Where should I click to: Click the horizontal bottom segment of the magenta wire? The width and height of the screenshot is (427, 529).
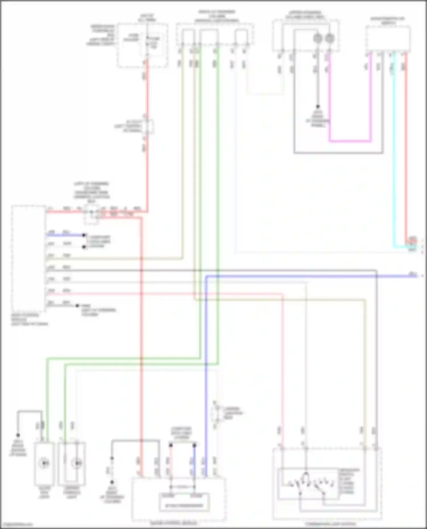pos(350,141)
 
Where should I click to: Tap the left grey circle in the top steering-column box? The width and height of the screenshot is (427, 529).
pos(318,38)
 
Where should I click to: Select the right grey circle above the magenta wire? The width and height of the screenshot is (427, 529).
pos(330,38)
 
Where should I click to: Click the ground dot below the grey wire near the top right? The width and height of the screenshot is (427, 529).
pos(318,106)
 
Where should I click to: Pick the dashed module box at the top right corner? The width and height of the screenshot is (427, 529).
pos(388,38)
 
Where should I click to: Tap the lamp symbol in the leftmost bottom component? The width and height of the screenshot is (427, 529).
pos(44,463)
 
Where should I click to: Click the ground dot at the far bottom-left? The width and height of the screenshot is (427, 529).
pos(18,435)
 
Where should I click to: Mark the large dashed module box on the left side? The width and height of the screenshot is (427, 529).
pos(28,259)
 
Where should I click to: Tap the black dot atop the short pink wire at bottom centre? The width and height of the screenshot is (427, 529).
pos(171,445)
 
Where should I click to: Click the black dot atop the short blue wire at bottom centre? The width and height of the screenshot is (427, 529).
pos(194,445)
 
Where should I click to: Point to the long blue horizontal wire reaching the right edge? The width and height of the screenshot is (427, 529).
pos(313,276)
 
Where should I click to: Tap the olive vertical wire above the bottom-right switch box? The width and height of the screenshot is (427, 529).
pos(365,370)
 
